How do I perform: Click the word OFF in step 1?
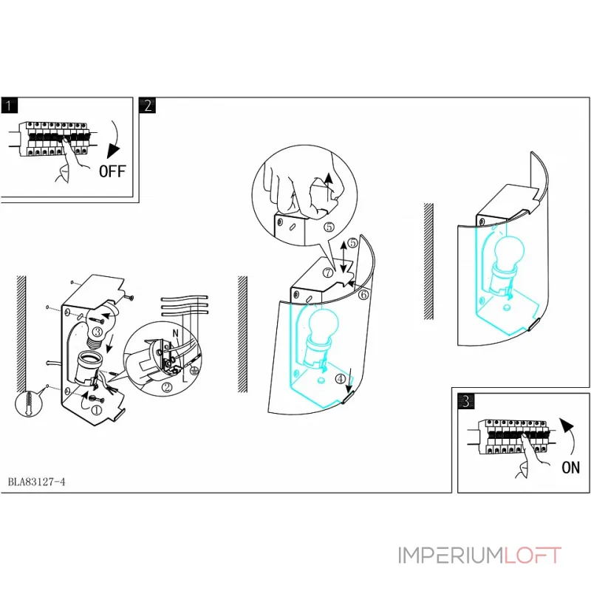[112, 172]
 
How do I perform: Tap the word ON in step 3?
[570, 467]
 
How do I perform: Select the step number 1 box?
[9, 105]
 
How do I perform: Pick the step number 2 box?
[147, 105]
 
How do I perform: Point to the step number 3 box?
[465, 401]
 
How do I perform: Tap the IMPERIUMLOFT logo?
[479, 555]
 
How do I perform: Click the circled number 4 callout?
[339, 379]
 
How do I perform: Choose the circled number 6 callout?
[363, 293]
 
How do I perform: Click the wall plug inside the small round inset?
[28, 405]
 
